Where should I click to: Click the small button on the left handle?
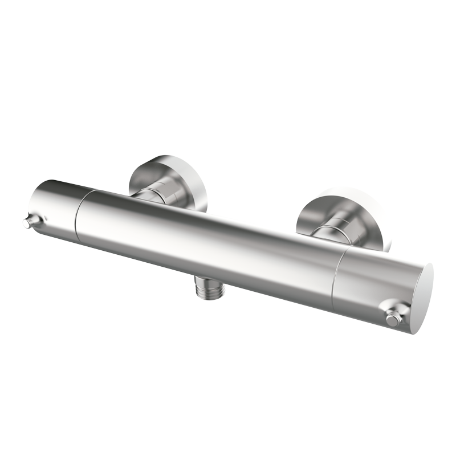click(x=27, y=223)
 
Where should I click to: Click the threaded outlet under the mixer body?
click(x=213, y=288)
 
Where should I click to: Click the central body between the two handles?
click(x=205, y=239)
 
